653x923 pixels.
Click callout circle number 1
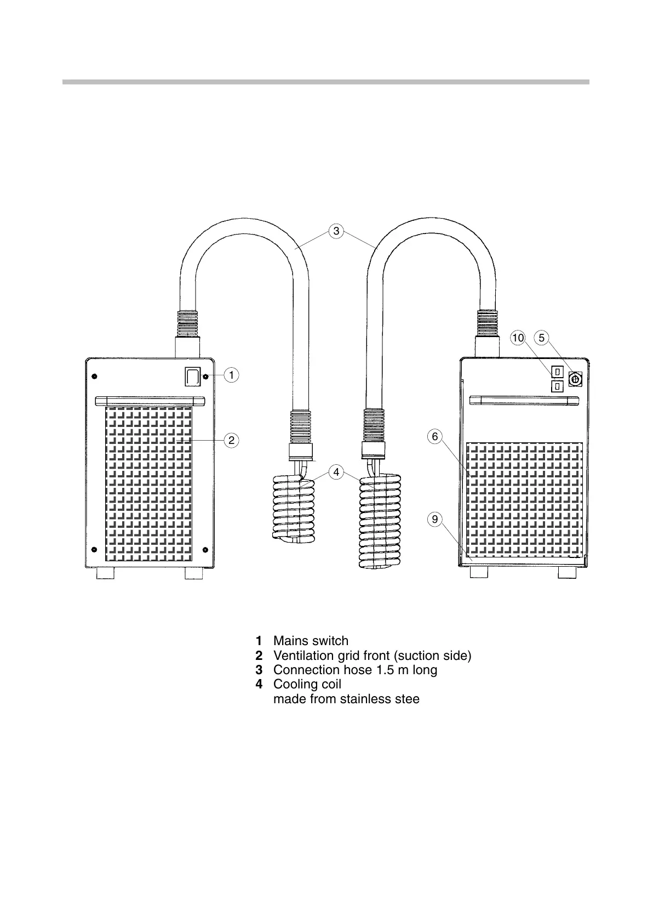pos(232,375)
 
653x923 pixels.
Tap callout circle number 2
pos(232,440)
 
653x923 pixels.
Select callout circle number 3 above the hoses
pos(336,231)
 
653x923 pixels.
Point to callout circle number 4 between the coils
pos(336,471)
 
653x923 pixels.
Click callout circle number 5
pos(541,338)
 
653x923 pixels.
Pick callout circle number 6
pos(434,436)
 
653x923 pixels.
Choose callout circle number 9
pos(434,519)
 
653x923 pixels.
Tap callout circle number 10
pos(518,338)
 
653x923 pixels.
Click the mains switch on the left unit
pos(192,377)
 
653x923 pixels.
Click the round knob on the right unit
pos(575,378)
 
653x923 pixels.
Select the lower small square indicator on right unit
pos(557,386)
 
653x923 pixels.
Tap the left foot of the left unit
pos(105,573)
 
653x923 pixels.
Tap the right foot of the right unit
pos(566,572)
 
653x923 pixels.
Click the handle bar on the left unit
pos(150,400)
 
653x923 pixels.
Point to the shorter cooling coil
pos(294,510)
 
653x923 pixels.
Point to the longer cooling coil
pos(381,521)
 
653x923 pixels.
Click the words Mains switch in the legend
pos(311,641)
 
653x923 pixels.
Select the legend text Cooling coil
pos(307,684)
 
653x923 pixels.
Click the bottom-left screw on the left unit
pos(94,550)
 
